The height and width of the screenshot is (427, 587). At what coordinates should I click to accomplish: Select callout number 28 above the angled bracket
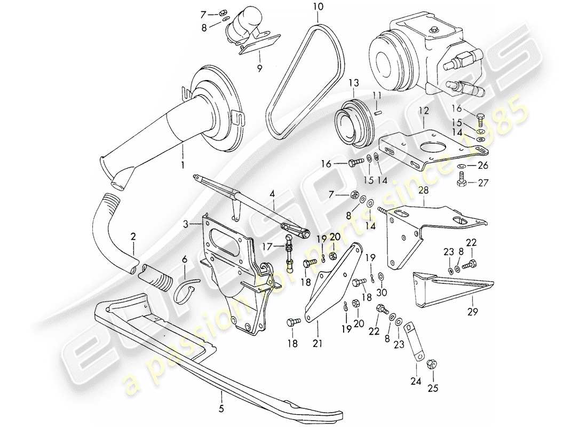(424, 190)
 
